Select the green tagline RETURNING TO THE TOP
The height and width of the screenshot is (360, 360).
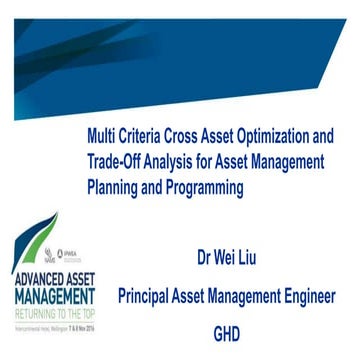coord(50,285)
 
